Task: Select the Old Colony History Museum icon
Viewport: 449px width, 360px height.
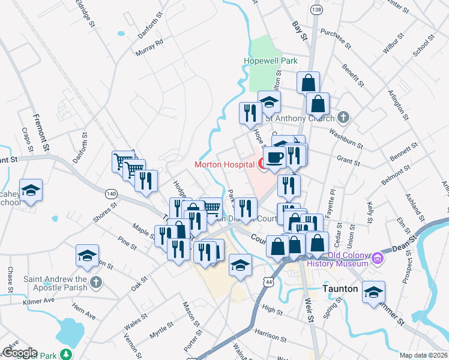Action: pyautogui.click(x=378, y=259)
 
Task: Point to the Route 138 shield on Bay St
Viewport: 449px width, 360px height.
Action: pyautogui.click(x=317, y=10)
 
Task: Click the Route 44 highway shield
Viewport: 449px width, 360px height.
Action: pyautogui.click(x=266, y=281)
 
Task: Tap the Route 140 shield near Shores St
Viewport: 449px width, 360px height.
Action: pyautogui.click(x=110, y=194)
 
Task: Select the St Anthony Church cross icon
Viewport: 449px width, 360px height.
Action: pyautogui.click(x=343, y=117)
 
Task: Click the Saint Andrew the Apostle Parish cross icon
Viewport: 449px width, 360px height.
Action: pyautogui.click(x=96, y=281)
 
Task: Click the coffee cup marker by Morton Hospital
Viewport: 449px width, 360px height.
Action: pyautogui.click(x=274, y=158)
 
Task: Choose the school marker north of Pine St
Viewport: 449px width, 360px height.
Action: pyautogui.click(x=88, y=255)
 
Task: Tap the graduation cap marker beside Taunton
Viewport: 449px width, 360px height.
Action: pyautogui.click(x=373, y=292)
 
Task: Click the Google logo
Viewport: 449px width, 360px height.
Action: pyautogui.click(x=19, y=353)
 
